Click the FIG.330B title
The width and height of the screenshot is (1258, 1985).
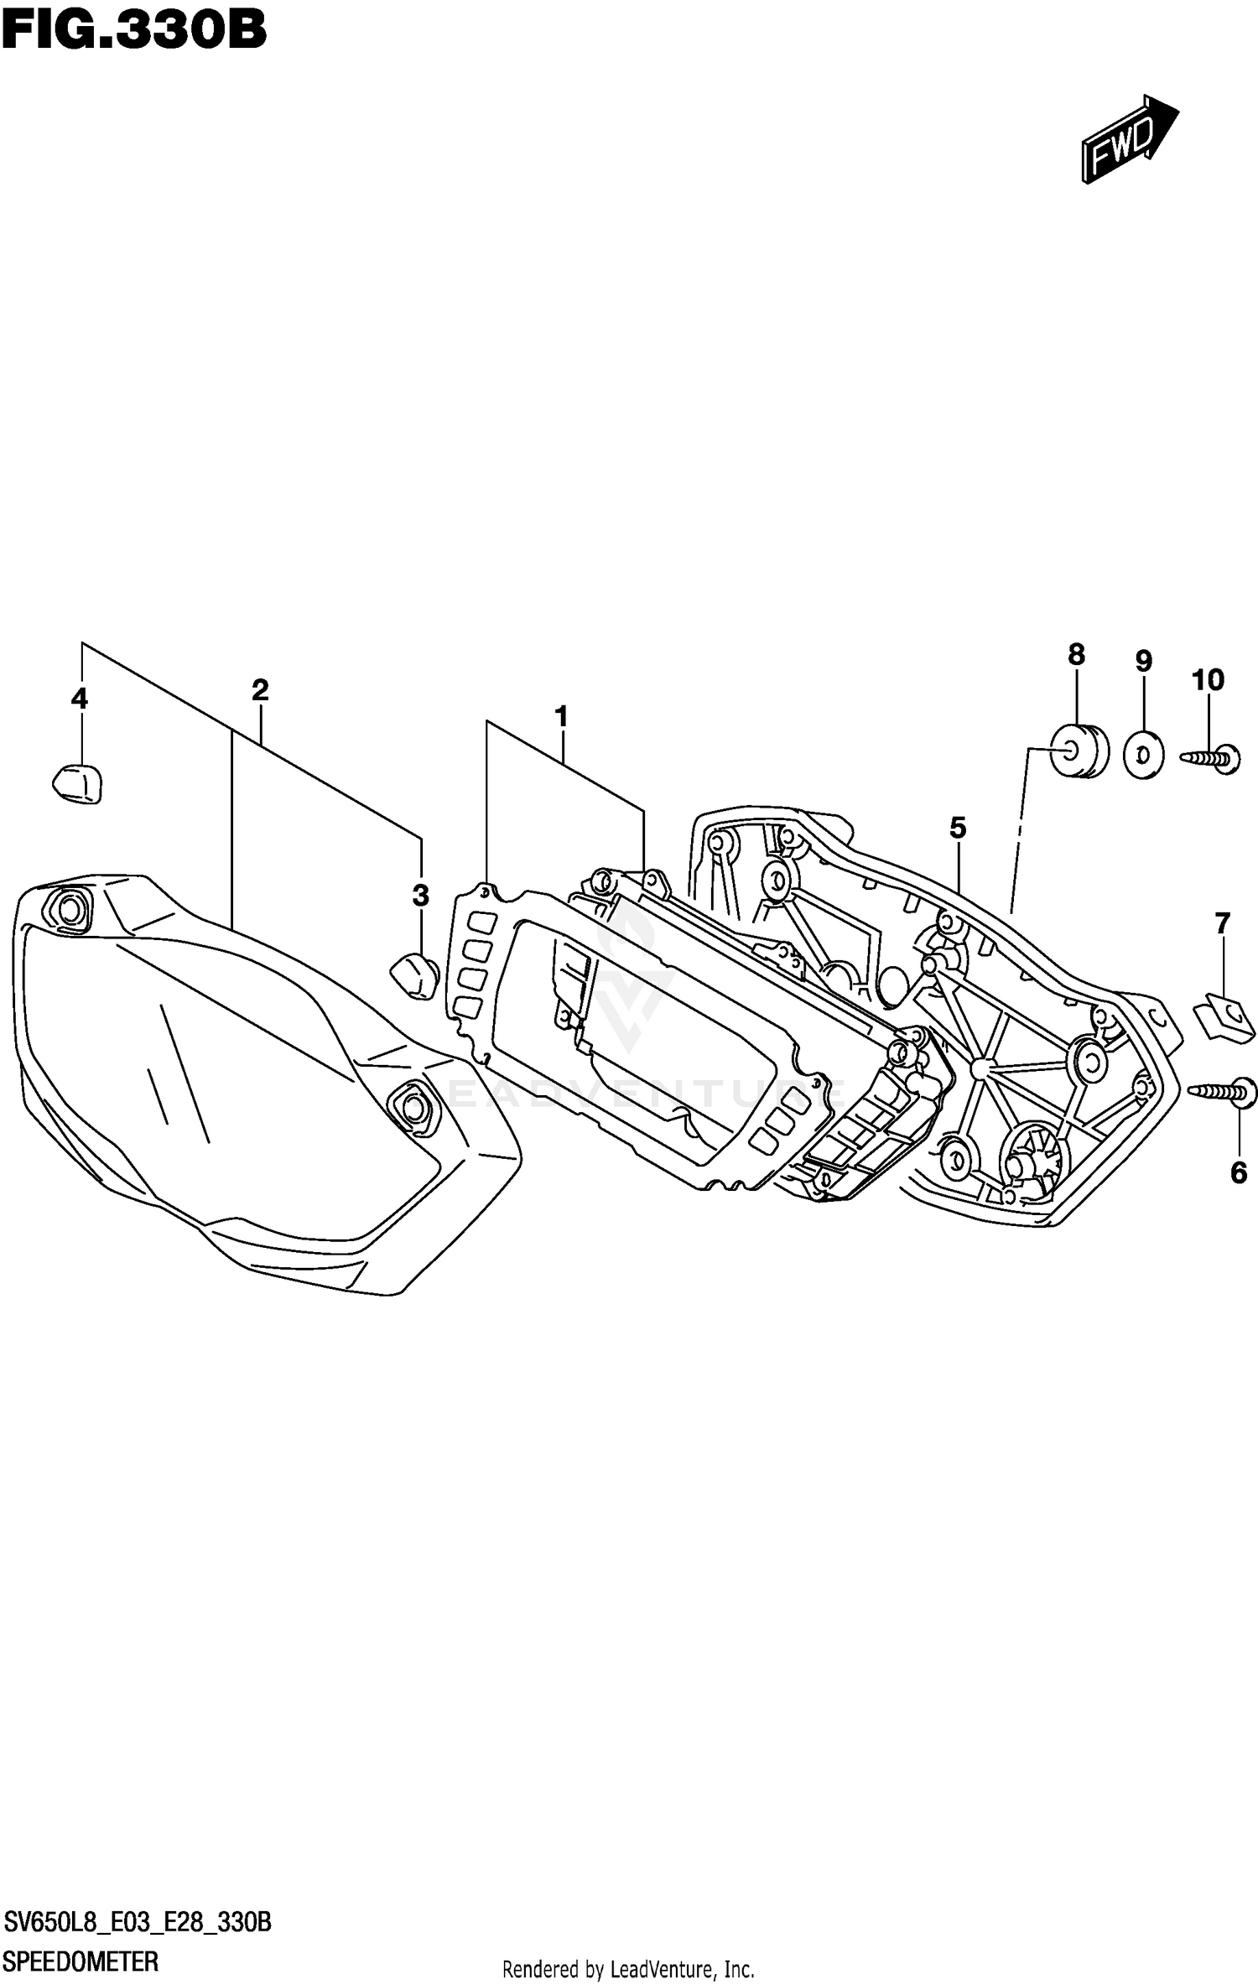134,31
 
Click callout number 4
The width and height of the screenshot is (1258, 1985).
80,698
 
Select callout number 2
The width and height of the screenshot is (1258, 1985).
260,690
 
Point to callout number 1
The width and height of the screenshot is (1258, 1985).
561,717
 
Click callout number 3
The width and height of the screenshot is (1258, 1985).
421,895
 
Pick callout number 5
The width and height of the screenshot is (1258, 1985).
958,828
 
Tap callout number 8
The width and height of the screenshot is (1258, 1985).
1076,655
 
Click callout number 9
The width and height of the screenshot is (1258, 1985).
1144,662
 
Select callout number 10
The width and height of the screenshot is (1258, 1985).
1209,679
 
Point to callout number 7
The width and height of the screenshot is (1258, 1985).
1222,924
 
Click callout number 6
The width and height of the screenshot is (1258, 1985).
1239,1172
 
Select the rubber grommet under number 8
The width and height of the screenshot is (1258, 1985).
1079,751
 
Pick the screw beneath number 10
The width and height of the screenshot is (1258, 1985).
1212,757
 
